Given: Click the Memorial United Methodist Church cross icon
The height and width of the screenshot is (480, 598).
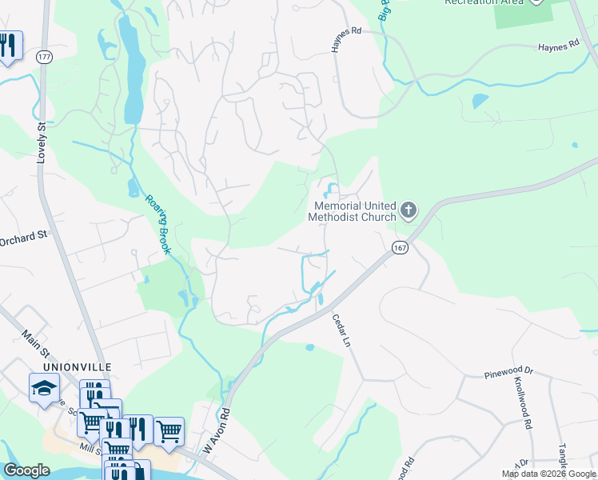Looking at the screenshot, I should pyautogui.click(x=409, y=211).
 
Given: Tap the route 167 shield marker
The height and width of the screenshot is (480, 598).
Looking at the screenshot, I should pyautogui.click(x=401, y=249).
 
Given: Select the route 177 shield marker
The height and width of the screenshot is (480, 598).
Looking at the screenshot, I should pyautogui.click(x=44, y=56).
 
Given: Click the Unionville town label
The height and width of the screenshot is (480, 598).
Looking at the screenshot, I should pyautogui.click(x=77, y=366).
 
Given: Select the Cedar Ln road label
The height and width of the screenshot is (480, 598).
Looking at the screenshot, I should pyautogui.click(x=341, y=330).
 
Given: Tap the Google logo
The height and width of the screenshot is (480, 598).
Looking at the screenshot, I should pyautogui.click(x=26, y=470).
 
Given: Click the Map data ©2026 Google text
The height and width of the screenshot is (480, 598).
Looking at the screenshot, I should pyautogui.click(x=548, y=474).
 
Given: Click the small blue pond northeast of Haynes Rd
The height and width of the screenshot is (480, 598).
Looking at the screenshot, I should pyautogui.click(x=480, y=102).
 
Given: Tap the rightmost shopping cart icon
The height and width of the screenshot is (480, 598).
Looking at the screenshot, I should pyautogui.click(x=169, y=431).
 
